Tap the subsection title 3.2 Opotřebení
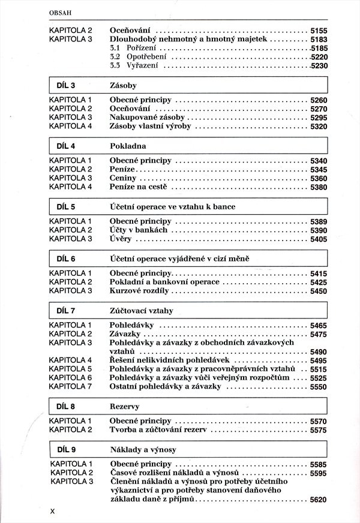[134, 56]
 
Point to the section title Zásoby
[124, 86]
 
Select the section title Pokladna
[128, 146]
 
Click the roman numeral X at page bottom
[52, 511]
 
